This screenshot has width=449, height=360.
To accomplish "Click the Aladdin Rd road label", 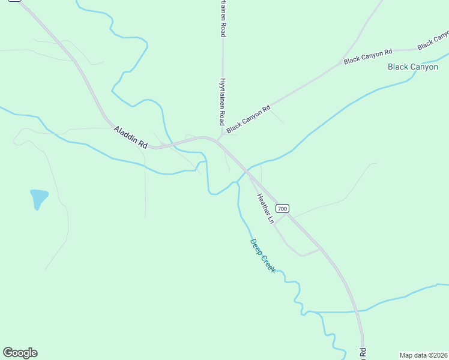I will pos(131,136).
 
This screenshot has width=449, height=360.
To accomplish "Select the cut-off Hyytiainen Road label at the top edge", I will pos(223,19).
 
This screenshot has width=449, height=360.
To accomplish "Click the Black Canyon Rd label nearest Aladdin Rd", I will pos(249,119).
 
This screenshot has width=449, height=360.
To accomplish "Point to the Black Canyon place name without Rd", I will pos(413,67).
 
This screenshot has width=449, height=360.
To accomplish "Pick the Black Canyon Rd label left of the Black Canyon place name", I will pos(368,57).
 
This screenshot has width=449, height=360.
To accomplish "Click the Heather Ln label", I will pos(265,209).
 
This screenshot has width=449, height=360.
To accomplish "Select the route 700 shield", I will pos(283,208).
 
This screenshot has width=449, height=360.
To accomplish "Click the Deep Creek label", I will pos(263,256).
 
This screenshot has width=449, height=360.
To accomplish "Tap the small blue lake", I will pos(38,198).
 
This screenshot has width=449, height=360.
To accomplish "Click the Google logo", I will pos(20,353).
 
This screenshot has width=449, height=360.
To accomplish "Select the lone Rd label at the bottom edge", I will pos(363,352).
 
